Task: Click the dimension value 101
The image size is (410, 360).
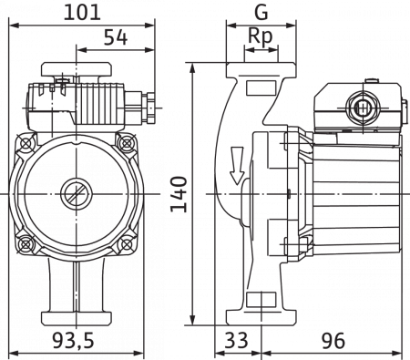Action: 82,13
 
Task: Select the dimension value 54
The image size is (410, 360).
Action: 116,37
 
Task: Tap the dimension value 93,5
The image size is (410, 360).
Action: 73,340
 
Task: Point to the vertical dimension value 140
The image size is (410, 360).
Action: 179,194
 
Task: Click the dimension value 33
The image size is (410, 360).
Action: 236,340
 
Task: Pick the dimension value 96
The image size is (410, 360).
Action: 333,340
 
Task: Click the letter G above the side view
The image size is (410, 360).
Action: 261,13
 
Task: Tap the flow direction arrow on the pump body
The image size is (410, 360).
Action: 237,166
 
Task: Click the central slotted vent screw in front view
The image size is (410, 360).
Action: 76,194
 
